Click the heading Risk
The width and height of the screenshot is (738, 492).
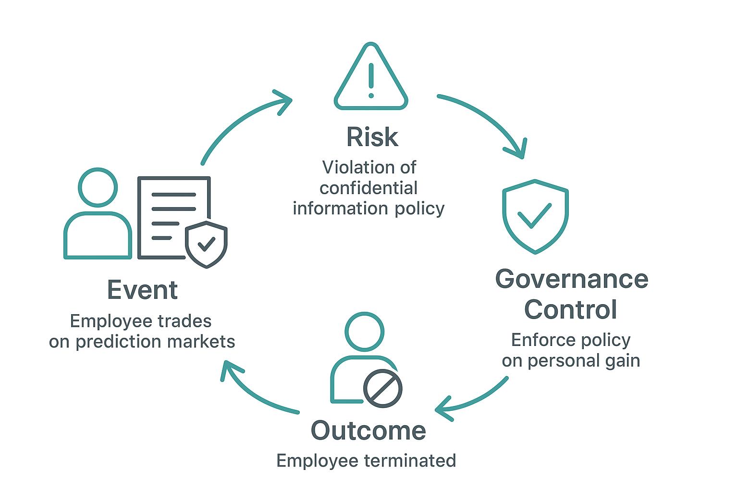pos(372,137)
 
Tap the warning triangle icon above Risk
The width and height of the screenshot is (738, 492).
pos(370,77)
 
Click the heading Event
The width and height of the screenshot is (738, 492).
pos(142,290)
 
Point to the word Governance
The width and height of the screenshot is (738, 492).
pos(571,279)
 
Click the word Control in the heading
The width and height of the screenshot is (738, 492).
pos(570,309)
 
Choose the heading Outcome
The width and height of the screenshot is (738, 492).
pos(368,430)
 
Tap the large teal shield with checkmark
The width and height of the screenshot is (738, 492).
pos(535,216)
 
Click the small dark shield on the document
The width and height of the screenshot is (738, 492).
pos(207,244)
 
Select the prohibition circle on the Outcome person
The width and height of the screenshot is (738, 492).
pos(382,389)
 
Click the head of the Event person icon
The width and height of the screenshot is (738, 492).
pos(98,187)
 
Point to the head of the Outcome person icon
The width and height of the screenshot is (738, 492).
pos(364,332)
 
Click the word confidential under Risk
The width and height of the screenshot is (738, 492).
pos(369,188)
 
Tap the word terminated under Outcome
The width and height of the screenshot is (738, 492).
pos(416,460)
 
